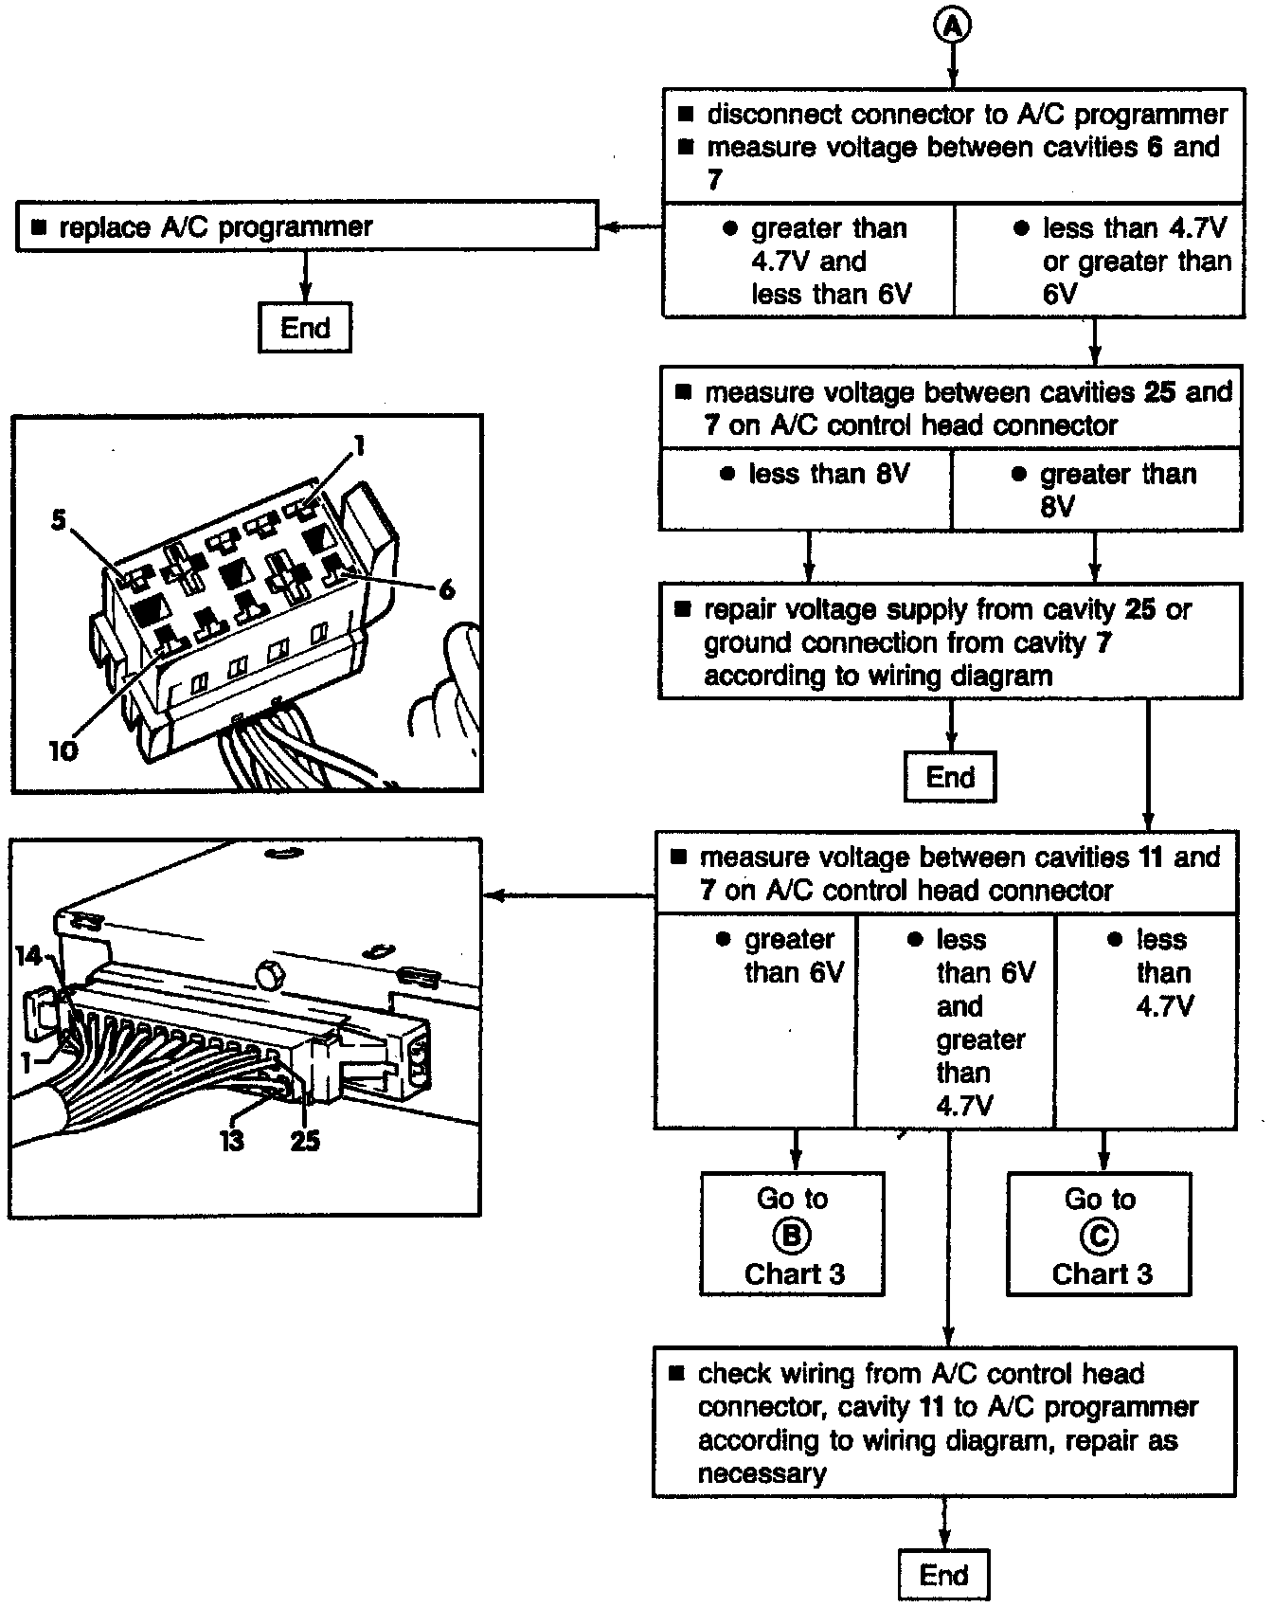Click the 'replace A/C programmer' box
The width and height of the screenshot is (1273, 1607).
pos(307,226)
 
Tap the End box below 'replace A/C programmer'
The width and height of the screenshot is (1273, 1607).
pos(305,328)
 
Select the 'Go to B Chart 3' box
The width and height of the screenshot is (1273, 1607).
pos(793,1235)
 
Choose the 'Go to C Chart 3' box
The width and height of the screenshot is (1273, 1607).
pos(1100,1235)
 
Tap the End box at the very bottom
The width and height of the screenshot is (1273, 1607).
pos(943,1575)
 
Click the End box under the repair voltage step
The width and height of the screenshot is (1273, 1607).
pos(950,777)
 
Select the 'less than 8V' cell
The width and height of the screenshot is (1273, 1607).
pos(806,489)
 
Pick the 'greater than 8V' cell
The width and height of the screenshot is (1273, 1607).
pos(1097,489)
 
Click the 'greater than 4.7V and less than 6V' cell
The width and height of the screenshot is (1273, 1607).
pos(808,262)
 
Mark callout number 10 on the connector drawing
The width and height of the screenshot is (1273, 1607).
pos(63,750)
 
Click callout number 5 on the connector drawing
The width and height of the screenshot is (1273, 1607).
pos(59,520)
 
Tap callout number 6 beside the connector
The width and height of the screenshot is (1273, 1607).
pos(447,588)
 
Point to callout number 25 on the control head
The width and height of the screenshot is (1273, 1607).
pos(305,1140)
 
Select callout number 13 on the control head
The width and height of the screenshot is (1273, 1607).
pos(233,1140)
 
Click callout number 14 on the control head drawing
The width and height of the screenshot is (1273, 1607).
pos(28,957)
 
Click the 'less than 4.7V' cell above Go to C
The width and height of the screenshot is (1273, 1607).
pos(1146,1020)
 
